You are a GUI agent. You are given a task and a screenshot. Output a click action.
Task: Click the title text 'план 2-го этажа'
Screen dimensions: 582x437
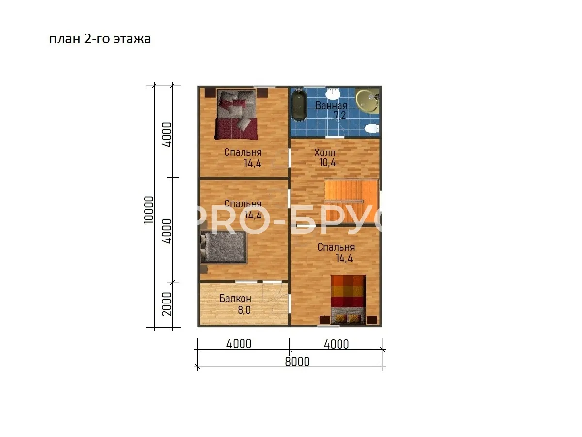[x=100, y=39]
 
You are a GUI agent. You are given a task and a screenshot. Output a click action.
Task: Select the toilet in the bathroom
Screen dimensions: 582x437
[x=372, y=128]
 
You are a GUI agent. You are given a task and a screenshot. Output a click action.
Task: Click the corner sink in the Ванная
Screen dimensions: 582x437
[x=367, y=101]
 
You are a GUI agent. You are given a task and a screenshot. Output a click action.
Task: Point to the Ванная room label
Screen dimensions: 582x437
[x=331, y=105]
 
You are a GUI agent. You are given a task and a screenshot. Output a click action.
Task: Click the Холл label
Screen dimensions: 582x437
[x=324, y=152]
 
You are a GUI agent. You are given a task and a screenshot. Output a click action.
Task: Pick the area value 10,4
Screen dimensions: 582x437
[x=327, y=162]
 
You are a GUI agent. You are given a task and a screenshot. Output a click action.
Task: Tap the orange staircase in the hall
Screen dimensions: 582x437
[x=352, y=202]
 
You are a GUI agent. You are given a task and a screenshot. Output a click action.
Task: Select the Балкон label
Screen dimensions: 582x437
[x=235, y=299]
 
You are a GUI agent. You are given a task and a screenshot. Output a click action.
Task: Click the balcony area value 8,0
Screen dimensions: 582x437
[x=244, y=310]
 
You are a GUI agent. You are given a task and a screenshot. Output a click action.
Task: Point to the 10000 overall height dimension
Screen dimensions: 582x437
[x=149, y=210]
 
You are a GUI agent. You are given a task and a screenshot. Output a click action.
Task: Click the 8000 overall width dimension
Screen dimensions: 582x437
[x=297, y=362]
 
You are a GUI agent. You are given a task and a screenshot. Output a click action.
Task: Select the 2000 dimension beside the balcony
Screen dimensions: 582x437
[x=167, y=304]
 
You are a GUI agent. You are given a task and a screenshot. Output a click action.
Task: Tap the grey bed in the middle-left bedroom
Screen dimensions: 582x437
[x=223, y=248]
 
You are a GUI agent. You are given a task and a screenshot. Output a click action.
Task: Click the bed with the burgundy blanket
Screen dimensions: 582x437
[x=236, y=115]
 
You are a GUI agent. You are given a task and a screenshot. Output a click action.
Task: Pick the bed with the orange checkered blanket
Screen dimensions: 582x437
[x=348, y=300]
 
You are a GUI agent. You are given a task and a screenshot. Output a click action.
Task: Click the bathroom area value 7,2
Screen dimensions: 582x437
[x=339, y=116]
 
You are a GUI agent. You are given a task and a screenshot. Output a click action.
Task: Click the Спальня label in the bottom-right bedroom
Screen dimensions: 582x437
[x=336, y=247]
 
